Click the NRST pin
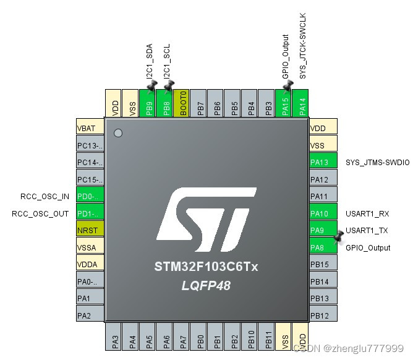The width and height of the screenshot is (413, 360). point(90,231)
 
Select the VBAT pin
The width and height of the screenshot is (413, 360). point(90,129)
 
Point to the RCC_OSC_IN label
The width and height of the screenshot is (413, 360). point(45,197)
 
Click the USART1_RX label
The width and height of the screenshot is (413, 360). point(368,213)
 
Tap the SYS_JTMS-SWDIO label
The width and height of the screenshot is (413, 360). point(377,162)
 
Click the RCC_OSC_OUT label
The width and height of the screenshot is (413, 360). point(41,213)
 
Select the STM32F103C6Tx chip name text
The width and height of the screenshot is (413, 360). point(206,267)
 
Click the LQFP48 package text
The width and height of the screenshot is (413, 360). point(206,286)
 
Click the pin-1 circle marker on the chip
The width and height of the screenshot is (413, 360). point(119,133)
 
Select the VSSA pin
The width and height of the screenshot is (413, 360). point(90,247)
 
